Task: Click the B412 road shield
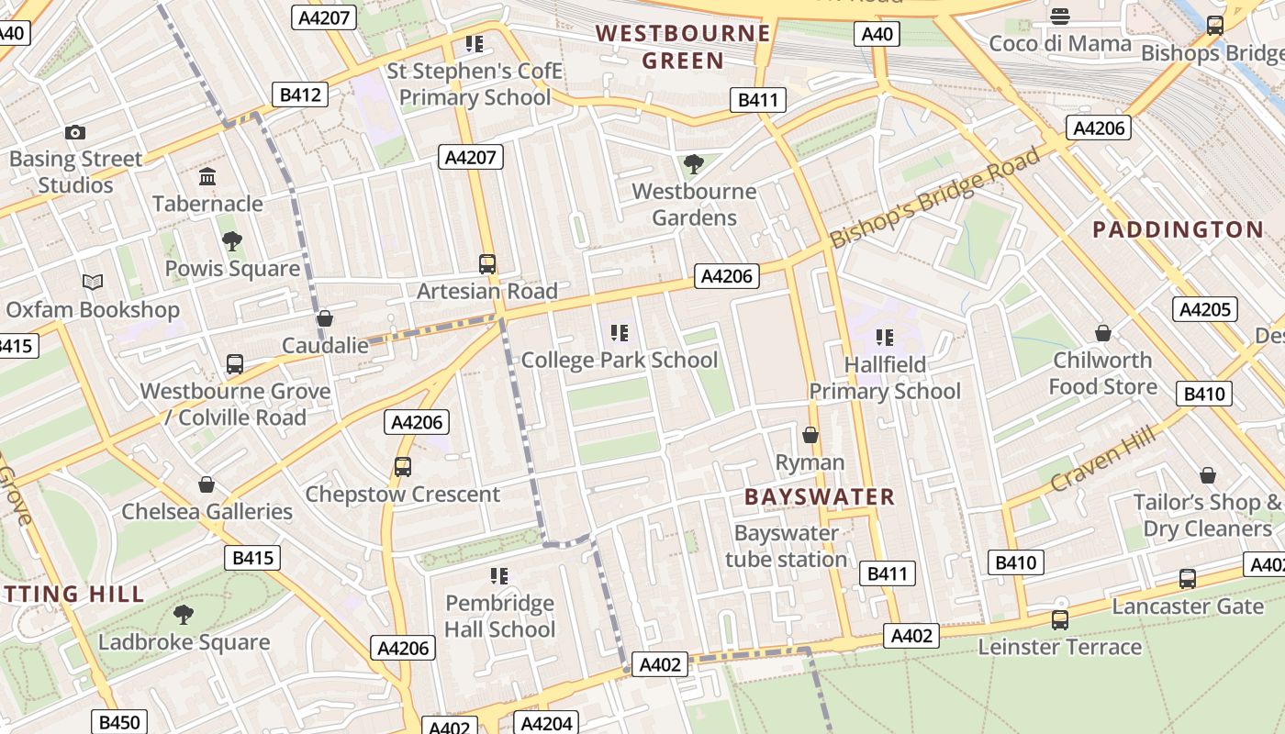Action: tap(300, 95)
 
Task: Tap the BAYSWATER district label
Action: tap(819, 497)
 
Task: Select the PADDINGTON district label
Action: tap(1178, 229)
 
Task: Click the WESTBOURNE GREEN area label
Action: tap(683, 48)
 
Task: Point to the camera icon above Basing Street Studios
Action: tap(75, 133)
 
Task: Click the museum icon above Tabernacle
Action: tap(207, 177)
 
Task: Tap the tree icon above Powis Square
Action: tap(232, 241)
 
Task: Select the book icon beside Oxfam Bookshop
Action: tap(93, 283)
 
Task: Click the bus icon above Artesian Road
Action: tap(487, 264)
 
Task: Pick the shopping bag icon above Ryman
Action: tap(810, 435)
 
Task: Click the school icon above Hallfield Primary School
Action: tap(885, 338)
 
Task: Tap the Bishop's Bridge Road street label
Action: tap(936, 195)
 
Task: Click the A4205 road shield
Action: tap(1204, 309)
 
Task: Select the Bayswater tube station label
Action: tap(787, 546)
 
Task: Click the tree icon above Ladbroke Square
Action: tap(184, 614)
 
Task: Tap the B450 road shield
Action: tap(118, 722)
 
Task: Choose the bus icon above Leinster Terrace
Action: tap(1060, 620)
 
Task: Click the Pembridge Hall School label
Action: tap(499, 616)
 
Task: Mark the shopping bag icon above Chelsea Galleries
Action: tap(207, 484)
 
